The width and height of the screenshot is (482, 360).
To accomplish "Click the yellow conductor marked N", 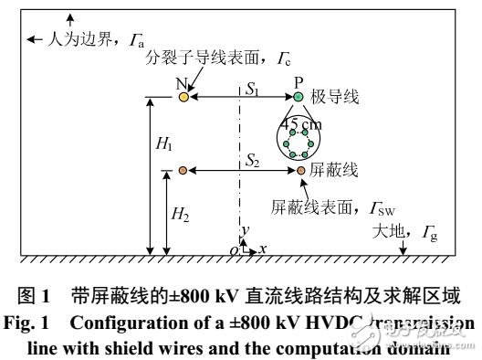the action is click(183, 97).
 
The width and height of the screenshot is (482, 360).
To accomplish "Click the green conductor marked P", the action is click(299, 97).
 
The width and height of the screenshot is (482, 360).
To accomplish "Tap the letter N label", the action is click(181, 82).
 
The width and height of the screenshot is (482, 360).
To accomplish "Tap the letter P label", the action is click(298, 82).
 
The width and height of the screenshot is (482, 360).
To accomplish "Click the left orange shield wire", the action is click(183, 170).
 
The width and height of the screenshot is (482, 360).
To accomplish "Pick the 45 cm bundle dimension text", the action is click(299, 123).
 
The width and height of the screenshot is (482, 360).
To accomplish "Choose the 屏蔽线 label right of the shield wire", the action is click(333, 171).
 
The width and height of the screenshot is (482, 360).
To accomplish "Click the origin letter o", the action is click(234, 249).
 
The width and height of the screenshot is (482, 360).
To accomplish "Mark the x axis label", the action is click(263, 249).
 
